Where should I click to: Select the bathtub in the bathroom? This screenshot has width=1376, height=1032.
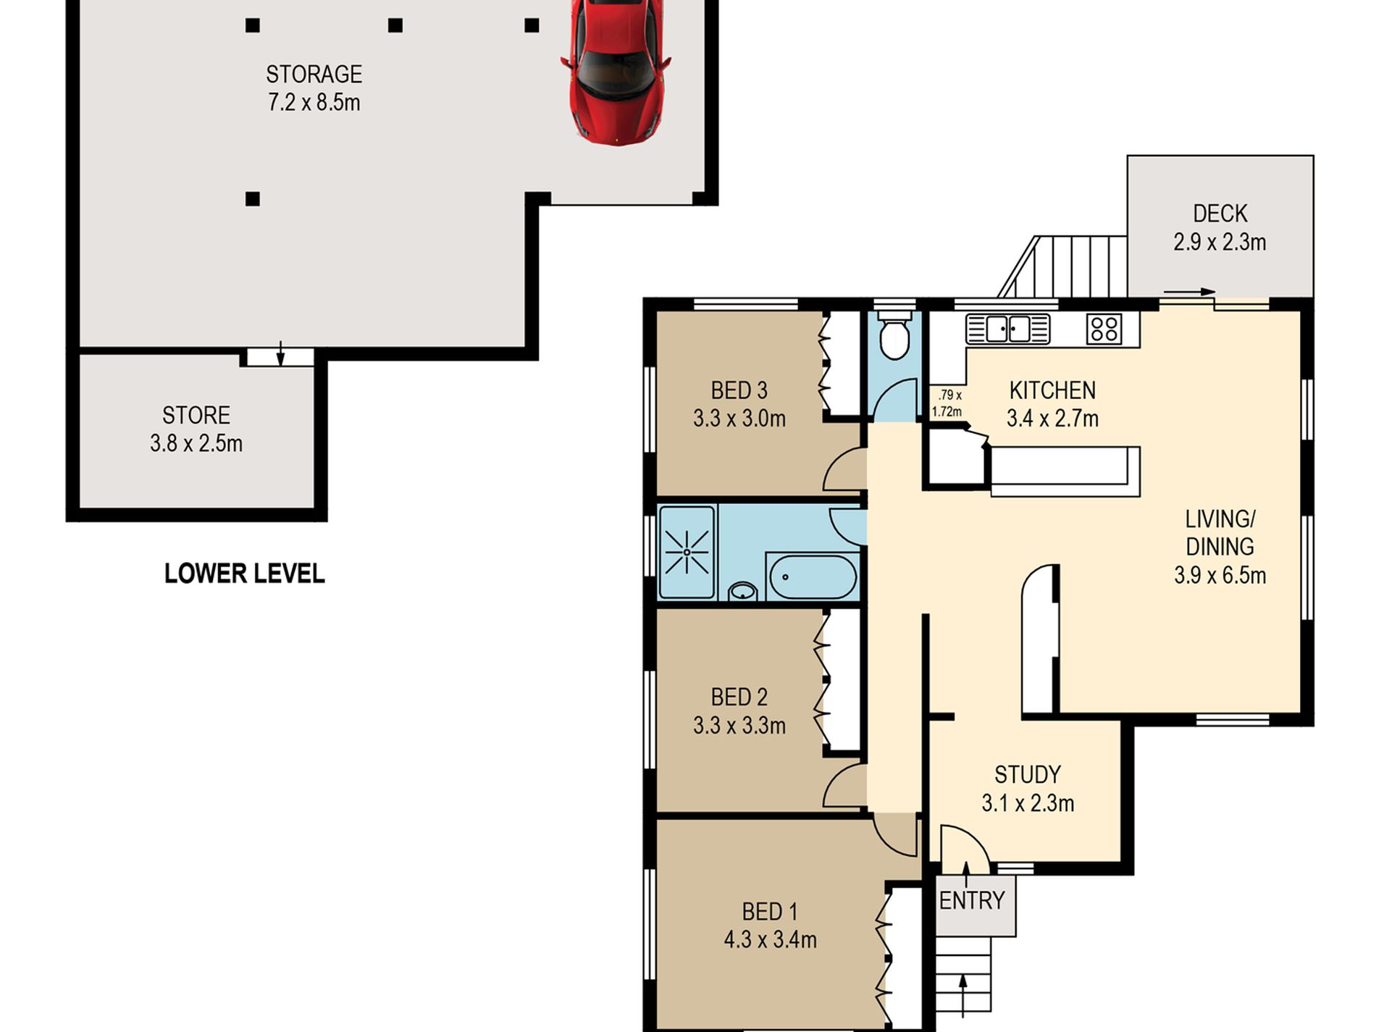point(813,577)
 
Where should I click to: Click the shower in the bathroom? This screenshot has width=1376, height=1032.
point(687,552)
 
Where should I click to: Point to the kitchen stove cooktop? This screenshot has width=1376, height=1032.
point(1104,329)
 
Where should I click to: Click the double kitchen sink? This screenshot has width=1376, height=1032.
point(1008,329)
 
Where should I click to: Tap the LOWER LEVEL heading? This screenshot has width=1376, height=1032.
point(244,574)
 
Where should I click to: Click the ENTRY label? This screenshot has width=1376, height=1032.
point(972,901)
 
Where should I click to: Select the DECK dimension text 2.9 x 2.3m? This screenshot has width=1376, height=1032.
point(1220,242)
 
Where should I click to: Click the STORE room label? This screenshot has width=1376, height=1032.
point(196,415)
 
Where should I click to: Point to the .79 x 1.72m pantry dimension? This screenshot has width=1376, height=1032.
point(947,403)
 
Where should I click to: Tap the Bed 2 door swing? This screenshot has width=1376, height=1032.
point(844,786)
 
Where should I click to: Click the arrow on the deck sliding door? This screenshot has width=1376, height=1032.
point(1189,292)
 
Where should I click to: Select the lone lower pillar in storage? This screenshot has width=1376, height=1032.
point(252,198)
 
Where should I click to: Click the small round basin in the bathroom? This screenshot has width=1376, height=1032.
point(742,592)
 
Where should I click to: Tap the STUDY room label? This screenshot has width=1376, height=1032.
point(1028,775)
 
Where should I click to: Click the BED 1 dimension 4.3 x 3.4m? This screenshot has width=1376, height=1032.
point(770,939)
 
